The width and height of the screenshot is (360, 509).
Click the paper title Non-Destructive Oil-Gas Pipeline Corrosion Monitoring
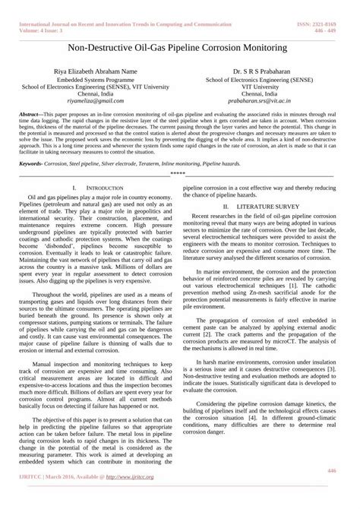tap(180, 47)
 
